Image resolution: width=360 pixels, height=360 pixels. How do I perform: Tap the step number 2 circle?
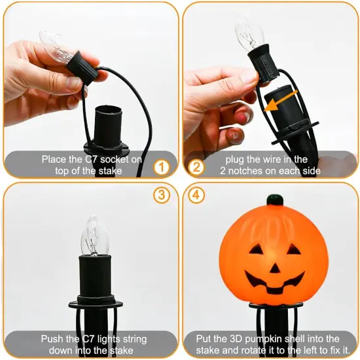click(x=195, y=166)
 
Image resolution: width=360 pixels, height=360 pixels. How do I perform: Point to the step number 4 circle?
click(x=195, y=196)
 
